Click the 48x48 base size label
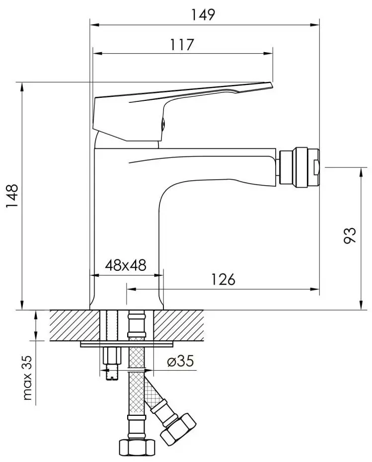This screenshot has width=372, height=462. (x=126, y=265)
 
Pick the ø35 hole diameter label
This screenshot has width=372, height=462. (x=180, y=362)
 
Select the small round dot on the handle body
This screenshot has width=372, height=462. (x=161, y=124)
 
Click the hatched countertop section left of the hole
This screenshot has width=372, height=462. (x=74, y=326)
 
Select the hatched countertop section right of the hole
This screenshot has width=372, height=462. (x=179, y=326)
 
